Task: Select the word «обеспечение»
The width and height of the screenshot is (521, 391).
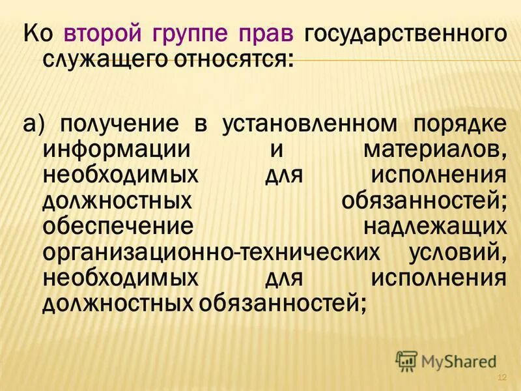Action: click(118, 225)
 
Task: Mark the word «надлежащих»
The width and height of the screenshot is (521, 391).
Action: click(435, 225)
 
